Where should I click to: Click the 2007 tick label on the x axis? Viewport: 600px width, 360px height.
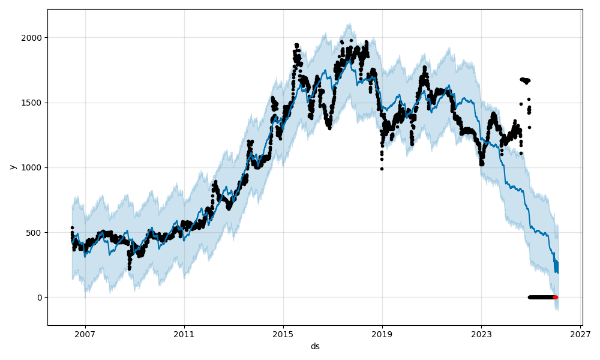pyautogui.click(x=85, y=334)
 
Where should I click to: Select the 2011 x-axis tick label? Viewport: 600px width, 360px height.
pyautogui.click(x=184, y=334)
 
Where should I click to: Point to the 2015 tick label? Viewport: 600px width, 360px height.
pyautogui.click(x=283, y=334)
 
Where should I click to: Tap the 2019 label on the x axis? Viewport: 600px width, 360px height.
pyautogui.click(x=382, y=334)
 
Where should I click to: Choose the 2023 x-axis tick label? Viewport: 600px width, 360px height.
pyautogui.click(x=481, y=334)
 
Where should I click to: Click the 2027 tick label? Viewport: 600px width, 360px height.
pyautogui.click(x=580, y=334)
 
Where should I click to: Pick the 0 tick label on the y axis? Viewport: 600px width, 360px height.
pyautogui.click(x=40, y=298)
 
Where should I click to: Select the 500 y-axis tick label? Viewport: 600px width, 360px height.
pyautogui.click(x=35, y=233)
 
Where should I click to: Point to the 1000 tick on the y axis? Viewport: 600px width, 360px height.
pyautogui.click(x=32, y=167)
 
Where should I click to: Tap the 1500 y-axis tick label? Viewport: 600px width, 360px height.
pyautogui.click(x=32, y=103)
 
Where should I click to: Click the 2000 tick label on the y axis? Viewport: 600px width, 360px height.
pyautogui.click(x=32, y=38)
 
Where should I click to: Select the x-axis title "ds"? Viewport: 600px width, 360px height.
pyautogui.click(x=315, y=346)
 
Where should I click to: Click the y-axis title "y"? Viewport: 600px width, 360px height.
pyautogui.click(x=12, y=167)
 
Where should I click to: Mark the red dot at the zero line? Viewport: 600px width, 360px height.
pyautogui.click(x=555, y=297)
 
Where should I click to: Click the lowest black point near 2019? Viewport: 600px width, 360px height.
pyautogui.click(x=382, y=169)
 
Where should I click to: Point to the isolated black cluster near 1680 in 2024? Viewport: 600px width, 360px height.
pyautogui.click(x=525, y=80)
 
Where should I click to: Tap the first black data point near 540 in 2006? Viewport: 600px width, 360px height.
pyautogui.click(x=72, y=227)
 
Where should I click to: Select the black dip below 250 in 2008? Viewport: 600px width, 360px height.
pyautogui.click(x=129, y=268)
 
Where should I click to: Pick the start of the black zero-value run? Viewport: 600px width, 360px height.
pyautogui.click(x=529, y=297)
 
